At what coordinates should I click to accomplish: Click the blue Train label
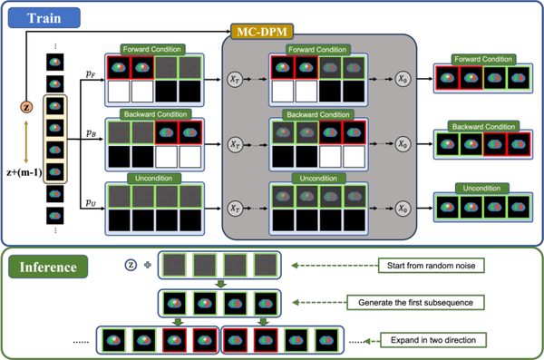tap(44, 18)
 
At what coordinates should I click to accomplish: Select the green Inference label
tap(48, 267)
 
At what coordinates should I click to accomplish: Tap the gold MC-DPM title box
tap(262, 32)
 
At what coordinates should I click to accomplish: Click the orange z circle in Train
tap(26, 107)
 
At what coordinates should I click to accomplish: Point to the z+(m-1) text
tap(24, 172)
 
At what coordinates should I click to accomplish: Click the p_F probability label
tap(91, 73)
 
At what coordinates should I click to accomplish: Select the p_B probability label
tap(91, 133)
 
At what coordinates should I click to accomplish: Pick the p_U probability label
tap(91, 202)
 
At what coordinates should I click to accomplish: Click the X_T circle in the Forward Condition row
tap(235, 79)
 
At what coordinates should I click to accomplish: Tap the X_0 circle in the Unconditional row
tap(403, 209)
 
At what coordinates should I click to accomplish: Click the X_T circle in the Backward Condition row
tap(235, 143)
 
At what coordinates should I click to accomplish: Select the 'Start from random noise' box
tap(431, 266)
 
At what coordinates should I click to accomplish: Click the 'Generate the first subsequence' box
tap(415, 302)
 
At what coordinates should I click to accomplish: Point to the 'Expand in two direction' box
tap(433, 340)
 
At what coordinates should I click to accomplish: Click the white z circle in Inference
tap(131, 265)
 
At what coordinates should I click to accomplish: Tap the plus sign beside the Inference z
tap(148, 265)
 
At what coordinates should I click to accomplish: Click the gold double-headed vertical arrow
tap(26, 142)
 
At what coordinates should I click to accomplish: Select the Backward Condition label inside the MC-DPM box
tap(318, 114)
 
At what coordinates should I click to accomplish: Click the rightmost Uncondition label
tap(482, 188)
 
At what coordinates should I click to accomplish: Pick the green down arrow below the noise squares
tap(220, 284)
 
